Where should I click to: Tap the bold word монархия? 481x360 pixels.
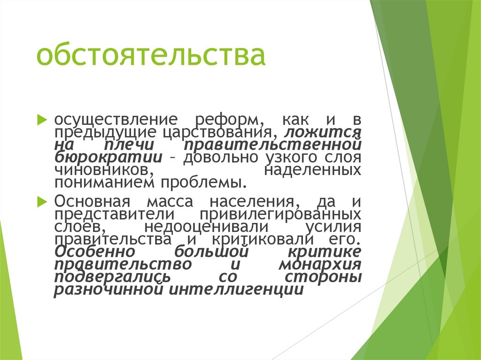pyautogui.click(x=319, y=264)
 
